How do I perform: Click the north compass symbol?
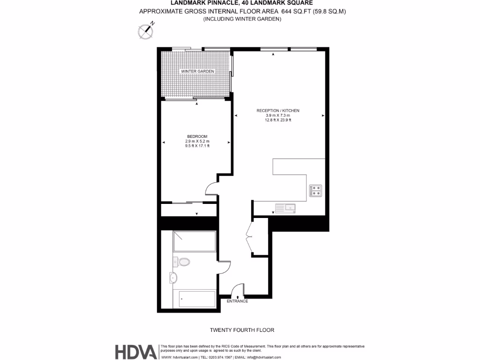coord(146,31)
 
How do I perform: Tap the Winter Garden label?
coord(197,71)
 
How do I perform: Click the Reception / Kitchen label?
coord(277,111)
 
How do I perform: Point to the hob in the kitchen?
coord(315,190)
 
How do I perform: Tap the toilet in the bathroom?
coord(183,262)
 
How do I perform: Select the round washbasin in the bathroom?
coord(174,277)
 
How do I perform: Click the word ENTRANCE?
coord(237,301)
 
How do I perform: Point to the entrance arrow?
coord(238,295)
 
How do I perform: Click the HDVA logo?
coord(136,352)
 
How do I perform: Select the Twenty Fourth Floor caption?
coord(242,330)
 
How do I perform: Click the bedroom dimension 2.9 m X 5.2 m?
coord(197,141)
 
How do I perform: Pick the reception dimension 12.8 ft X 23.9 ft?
coord(277,120)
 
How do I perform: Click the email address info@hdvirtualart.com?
coord(264,357)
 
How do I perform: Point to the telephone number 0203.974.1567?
coord(216,357)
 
